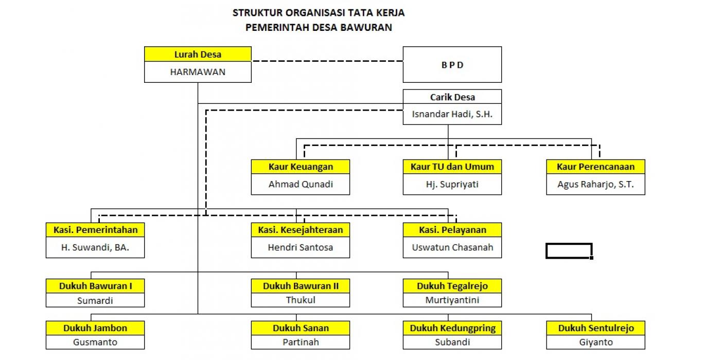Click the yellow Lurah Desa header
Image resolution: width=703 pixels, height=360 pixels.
coord(198,54)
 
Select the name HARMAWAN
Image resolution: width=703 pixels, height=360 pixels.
coord(198,72)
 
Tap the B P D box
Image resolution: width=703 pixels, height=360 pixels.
coord(452,65)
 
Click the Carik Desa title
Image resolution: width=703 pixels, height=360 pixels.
coord(452,97)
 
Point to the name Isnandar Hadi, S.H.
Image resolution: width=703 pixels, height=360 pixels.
coord(452,114)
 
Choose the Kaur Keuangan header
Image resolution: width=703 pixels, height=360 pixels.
coord(301,167)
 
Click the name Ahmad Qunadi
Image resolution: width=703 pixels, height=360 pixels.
coord(301,184)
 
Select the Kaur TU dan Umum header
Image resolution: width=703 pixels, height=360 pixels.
coord(452,167)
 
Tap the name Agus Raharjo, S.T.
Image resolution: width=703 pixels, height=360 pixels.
coord(595,184)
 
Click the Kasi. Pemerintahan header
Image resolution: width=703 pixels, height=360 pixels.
coord(95,230)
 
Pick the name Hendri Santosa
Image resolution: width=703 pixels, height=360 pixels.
coord(301,247)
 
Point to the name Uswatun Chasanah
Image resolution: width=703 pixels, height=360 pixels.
coord(452,247)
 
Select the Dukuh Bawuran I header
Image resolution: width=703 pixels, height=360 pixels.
coord(95,286)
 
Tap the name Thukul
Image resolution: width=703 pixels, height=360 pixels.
coord(301,300)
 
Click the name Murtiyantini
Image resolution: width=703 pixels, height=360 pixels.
coord(452,300)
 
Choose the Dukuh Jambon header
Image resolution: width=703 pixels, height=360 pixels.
coord(95,328)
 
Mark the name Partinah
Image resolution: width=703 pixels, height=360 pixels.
coord(301,342)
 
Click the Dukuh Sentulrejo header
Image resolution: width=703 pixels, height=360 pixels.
coord(595,328)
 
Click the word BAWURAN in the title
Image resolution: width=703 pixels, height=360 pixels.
coord(366,28)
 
